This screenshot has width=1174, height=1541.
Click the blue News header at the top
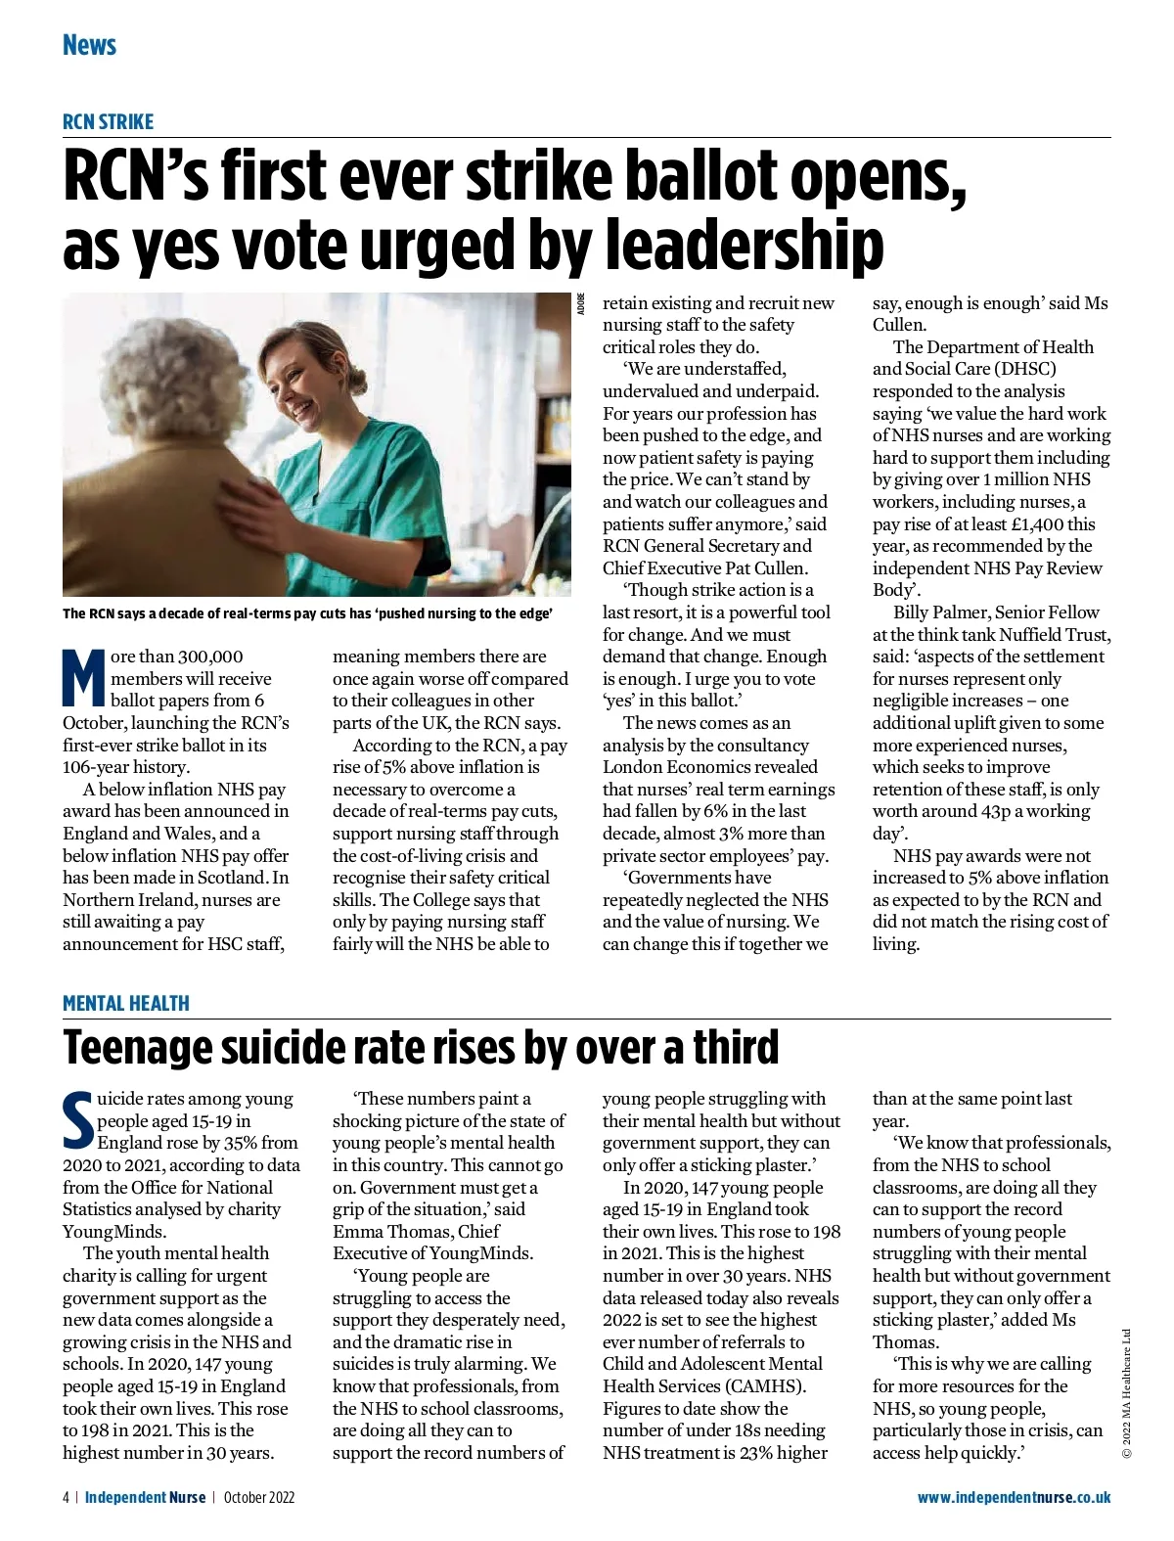pyautogui.click(x=89, y=45)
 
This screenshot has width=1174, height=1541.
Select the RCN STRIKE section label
pyautogui.click(x=108, y=121)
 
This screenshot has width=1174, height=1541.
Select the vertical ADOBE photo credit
pyautogui.click(x=581, y=302)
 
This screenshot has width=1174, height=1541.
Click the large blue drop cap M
pyautogui.click(x=83, y=676)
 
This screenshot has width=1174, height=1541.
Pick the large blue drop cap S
pyautogui.click(x=77, y=1119)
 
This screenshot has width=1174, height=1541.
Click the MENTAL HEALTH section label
pyautogui.click(x=126, y=1003)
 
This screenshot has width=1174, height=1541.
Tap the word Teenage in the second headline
pyautogui.click(x=137, y=1047)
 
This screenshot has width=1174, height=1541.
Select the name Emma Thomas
pyautogui.click(x=380, y=1231)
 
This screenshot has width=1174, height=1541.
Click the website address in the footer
pyautogui.click(x=1014, y=1497)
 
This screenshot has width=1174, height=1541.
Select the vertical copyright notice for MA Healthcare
pyautogui.click(x=1127, y=1393)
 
